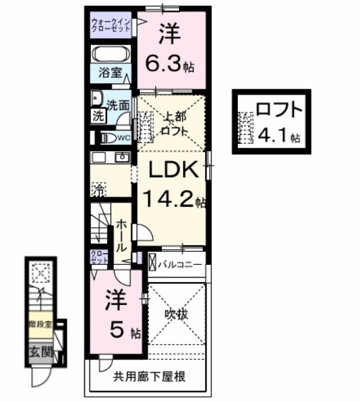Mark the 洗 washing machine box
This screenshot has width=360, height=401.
[97, 118]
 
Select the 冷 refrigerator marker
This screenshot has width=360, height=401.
[97, 190]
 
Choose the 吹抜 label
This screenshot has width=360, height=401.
[177, 315]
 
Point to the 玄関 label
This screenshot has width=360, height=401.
[39, 352]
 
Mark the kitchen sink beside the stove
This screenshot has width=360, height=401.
[122, 157]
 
